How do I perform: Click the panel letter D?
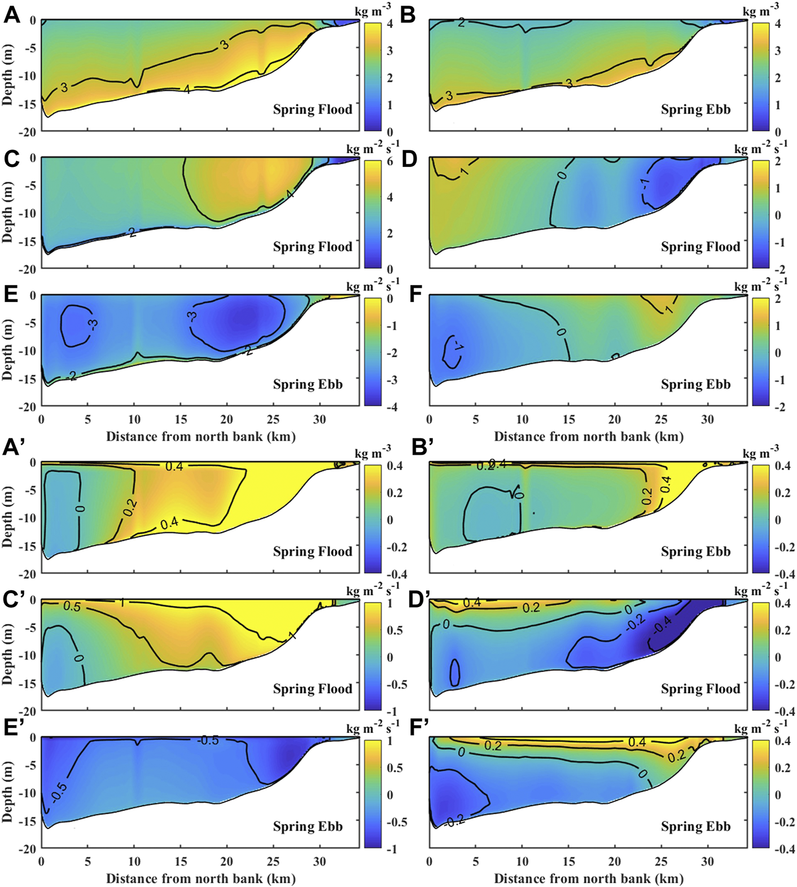[408, 159]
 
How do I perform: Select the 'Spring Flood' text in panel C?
[312, 247]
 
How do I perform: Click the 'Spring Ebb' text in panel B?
[695, 109]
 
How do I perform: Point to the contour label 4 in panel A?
[186, 89]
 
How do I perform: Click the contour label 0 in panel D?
[562, 175]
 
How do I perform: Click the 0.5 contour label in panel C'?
[71, 607]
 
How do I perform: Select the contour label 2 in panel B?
[461, 23]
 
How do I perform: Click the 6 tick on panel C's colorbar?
[389, 161]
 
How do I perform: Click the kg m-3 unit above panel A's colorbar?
[373, 12]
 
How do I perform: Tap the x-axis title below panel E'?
[200, 879]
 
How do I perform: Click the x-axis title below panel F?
[588, 436]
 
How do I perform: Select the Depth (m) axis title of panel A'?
[7, 517]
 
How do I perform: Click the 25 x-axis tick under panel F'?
[661, 862]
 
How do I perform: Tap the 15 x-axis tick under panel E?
[180, 419]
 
